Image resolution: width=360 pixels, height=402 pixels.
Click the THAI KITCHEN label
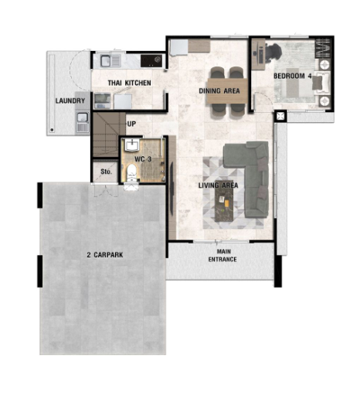coord(129,83)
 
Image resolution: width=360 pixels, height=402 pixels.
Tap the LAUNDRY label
coord(70,100)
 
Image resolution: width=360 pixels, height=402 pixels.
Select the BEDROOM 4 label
coord(293,76)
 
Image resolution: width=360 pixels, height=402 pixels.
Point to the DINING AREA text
coord(219,90)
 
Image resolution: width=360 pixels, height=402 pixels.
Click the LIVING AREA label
coord(218,186)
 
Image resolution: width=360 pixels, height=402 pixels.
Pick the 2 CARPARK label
coord(105,255)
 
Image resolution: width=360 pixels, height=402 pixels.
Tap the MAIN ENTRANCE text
coord(222,255)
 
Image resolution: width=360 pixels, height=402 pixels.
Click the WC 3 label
coord(143,159)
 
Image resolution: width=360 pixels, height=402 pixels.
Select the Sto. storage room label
coord(106,172)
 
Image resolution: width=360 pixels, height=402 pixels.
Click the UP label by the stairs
coord(131,124)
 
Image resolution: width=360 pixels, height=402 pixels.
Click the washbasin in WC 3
coord(132,145)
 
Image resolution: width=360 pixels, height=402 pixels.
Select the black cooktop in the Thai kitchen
coord(151,61)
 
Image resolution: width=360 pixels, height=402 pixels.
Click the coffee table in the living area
coord(224,201)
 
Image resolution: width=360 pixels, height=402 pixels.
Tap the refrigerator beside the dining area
coord(178,47)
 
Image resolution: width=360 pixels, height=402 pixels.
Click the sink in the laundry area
coord(83,118)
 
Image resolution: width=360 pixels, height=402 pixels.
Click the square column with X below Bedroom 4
coord(280,116)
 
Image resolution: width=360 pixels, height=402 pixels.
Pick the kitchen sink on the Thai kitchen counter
coord(106,61)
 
